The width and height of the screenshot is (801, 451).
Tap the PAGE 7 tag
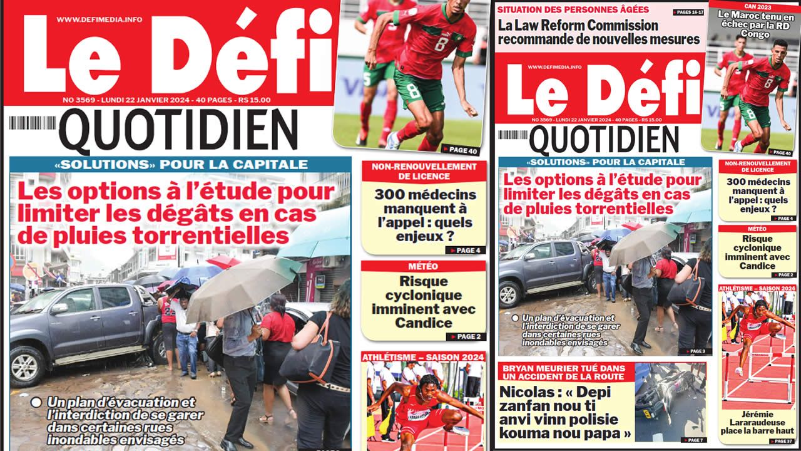pos(694,440)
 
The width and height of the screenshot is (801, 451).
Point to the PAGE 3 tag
pos(693,351)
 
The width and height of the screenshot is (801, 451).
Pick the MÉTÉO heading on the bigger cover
pos(423,267)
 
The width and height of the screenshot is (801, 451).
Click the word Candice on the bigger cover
pos(423,323)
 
